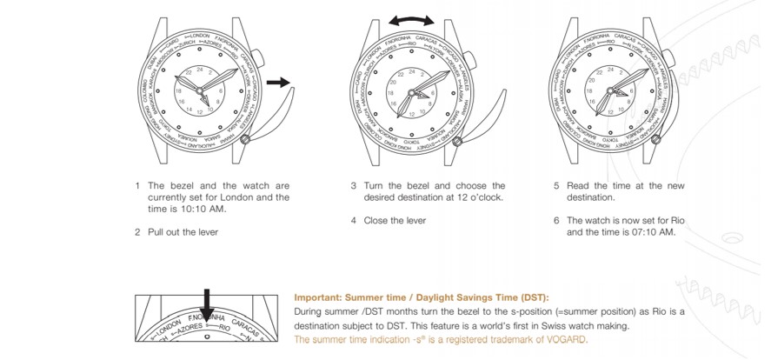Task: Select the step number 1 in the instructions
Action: point(137,186)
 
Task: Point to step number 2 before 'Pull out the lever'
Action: point(137,232)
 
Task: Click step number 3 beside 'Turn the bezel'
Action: point(354,186)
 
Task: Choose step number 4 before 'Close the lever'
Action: point(354,221)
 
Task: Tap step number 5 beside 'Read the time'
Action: point(556,186)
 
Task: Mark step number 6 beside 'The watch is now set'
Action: point(556,221)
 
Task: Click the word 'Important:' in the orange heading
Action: point(318,297)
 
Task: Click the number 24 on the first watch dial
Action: point(201,69)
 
